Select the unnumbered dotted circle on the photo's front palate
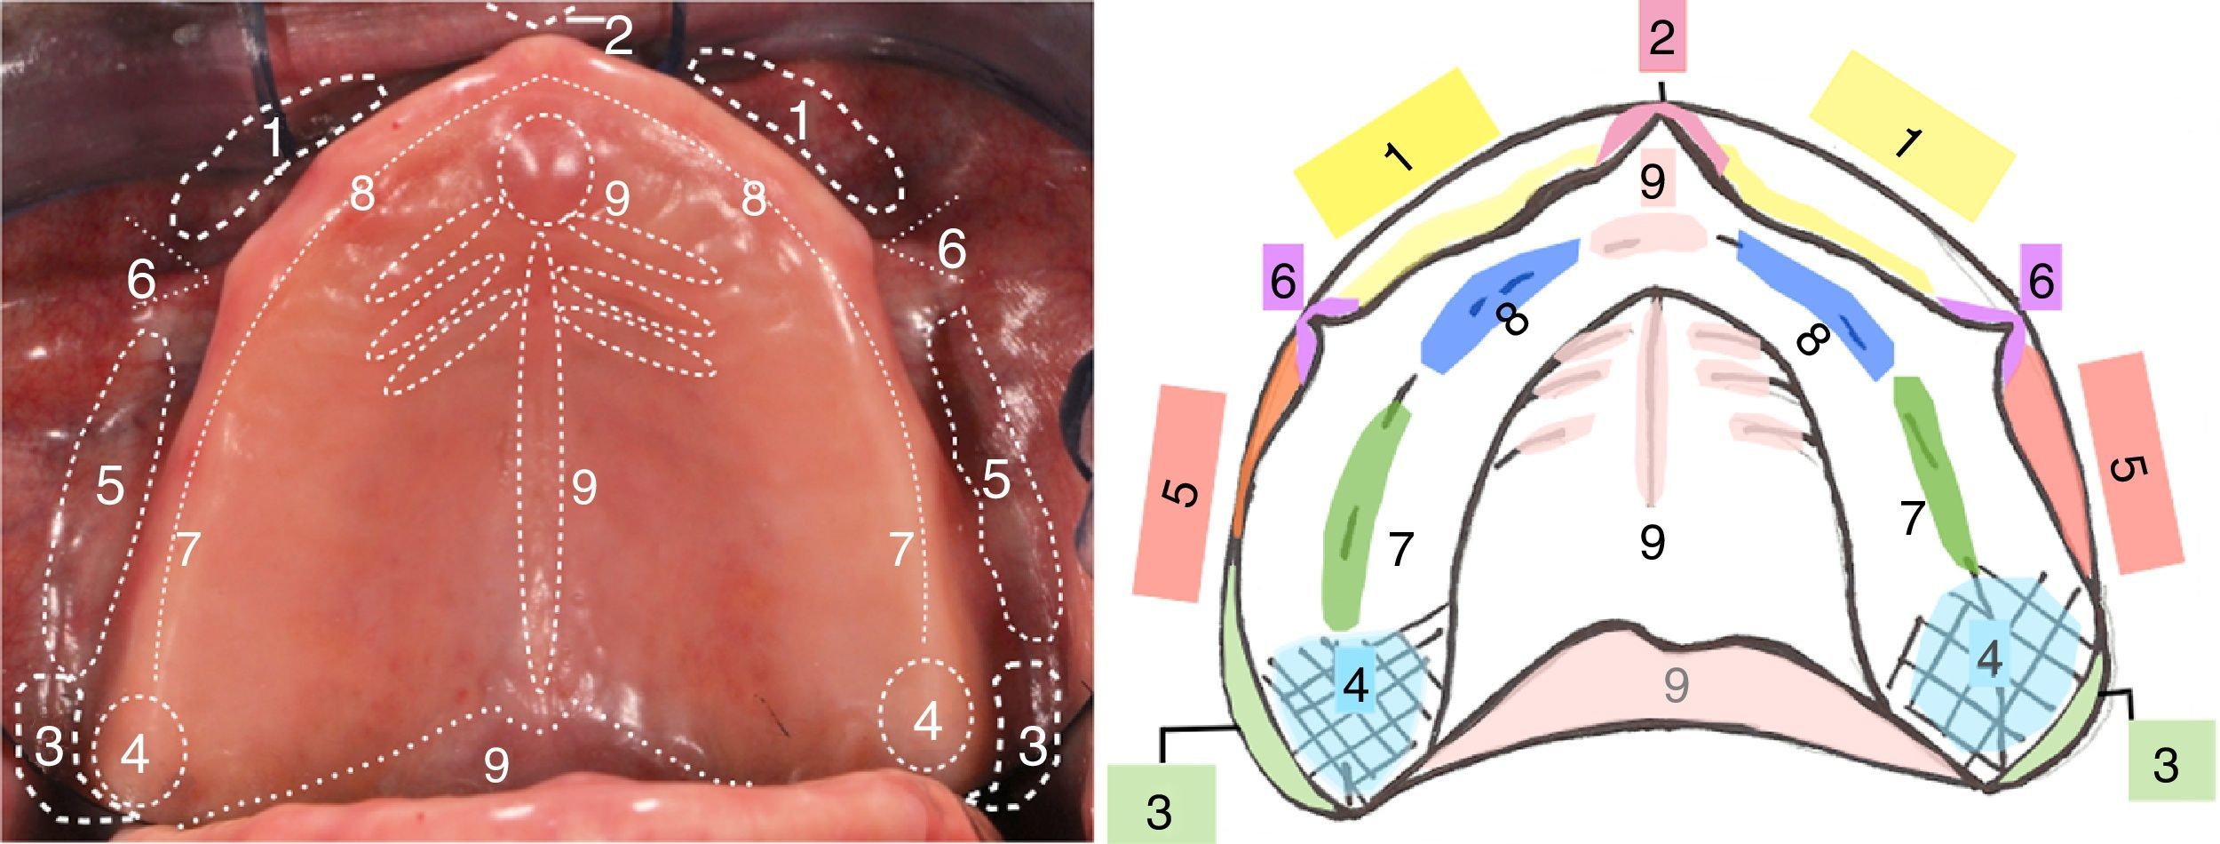coord(544,170)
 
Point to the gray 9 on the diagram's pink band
coord(1675,685)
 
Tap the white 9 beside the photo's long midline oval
coord(583,487)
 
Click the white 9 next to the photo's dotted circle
coord(616,201)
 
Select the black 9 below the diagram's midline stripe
coord(1652,542)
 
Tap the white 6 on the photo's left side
coord(141,281)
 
